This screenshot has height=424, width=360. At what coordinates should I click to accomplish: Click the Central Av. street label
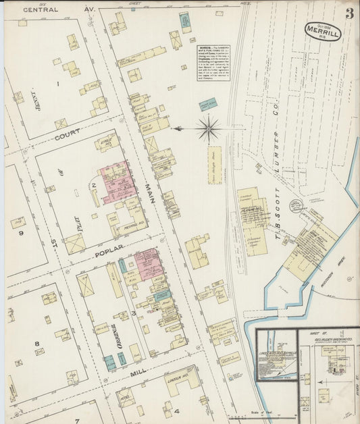[51, 10]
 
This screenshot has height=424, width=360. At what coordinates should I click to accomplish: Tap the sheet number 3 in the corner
[349, 14]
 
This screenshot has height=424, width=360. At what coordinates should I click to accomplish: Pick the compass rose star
[208, 128]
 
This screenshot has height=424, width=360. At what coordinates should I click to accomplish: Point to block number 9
[21, 233]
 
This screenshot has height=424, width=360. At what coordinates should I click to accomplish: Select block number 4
[177, 410]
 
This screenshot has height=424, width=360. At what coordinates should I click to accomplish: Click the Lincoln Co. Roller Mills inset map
[276, 354]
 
